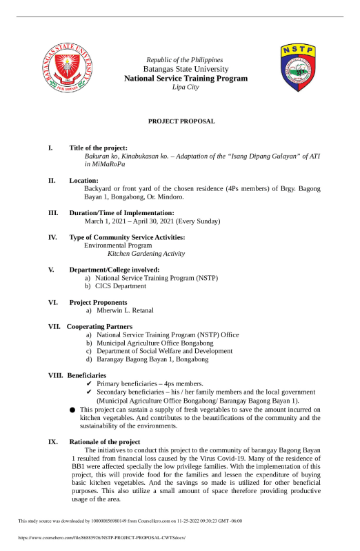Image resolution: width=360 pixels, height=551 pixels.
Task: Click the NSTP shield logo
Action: pyautogui.click(x=298, y=68)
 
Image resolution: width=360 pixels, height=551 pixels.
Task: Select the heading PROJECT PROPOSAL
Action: pyautogui.click(x=182, y=121)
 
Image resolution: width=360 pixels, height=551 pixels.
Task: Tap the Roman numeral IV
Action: pyautogui.click(x=52, y=237)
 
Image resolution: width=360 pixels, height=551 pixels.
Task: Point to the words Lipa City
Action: pyautogui.click(x=185, y=88)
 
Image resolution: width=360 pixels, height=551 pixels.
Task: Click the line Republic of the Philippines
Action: pyautogui.click(x=185, y=61)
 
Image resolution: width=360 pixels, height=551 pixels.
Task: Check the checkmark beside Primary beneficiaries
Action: pyautogui.click(x=89, y=383)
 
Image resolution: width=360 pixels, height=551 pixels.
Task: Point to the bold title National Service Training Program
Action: pyautogui.click(x=186, y=79)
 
